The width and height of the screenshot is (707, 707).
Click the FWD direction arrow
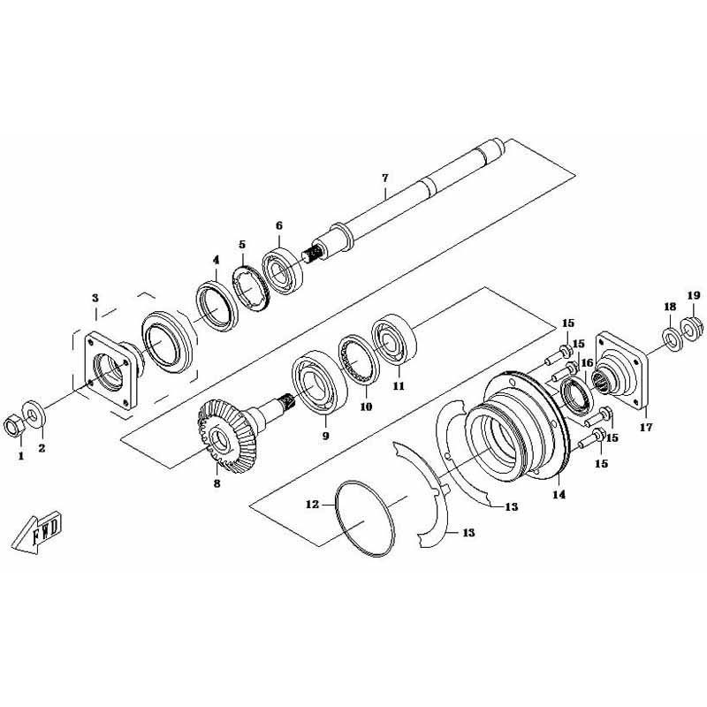click(37, 532)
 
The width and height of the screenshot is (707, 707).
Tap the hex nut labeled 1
click(13, 426)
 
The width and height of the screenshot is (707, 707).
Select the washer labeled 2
click(34, 414)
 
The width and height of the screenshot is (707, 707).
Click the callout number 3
click(95, 299)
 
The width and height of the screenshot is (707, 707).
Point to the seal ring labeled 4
click(217, 306)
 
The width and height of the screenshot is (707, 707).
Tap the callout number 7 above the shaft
click(384, 179)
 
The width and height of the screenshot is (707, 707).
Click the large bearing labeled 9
click(319, 382)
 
